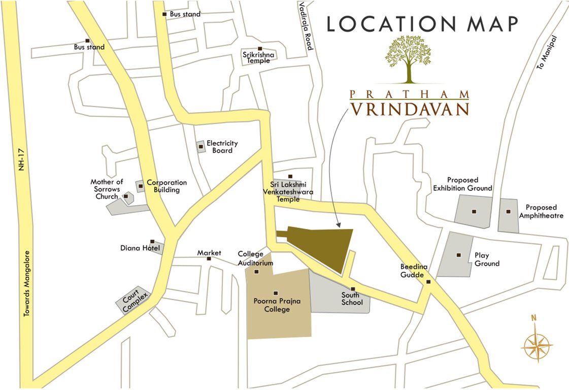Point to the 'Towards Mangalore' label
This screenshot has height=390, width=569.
tap(27, 284)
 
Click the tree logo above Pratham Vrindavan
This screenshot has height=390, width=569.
tap(409, 59)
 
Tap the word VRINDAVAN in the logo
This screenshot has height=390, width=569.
tap(409, 109)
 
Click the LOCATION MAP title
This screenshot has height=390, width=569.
tap(422, 24)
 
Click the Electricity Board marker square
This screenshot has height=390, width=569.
tap(201, 147)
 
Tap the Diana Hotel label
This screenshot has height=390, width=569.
tap(140, 248)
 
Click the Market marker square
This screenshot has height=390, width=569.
tap(209, 258)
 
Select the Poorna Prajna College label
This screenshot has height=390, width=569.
tap(277, 305)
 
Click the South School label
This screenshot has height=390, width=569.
tap(352, 299)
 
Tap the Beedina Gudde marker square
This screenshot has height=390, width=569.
tap(428, 282)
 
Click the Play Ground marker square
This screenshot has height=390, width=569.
tap(459, 255)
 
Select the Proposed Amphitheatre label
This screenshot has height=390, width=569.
tap(541, 211)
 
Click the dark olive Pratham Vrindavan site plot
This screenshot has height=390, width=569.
tap(325, 244)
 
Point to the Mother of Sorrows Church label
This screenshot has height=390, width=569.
tap(107, 189)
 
